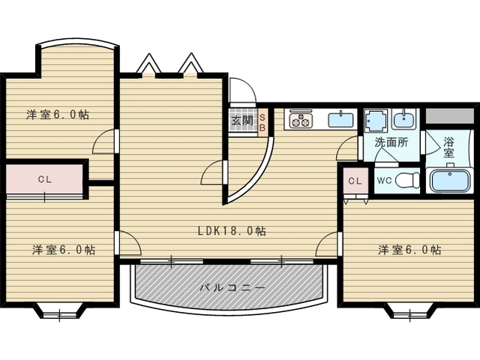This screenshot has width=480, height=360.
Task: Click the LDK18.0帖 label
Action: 232,230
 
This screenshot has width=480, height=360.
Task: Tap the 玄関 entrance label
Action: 241,121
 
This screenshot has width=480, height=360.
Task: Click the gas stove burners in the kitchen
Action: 300,120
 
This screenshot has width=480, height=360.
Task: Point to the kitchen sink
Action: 340,120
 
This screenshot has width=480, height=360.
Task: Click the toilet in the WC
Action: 407,181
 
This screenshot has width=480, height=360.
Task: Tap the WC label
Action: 384,181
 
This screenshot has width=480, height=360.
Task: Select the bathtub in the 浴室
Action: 450,181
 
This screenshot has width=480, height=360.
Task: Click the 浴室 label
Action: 448,147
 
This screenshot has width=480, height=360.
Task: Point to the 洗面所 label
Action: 391,142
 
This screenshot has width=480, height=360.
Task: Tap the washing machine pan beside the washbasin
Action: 376,120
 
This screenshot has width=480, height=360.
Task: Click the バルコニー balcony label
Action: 232,288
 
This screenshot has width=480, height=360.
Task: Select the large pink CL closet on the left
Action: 45,179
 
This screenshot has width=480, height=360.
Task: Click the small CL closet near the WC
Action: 355,181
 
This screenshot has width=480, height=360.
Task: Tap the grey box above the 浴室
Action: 450,116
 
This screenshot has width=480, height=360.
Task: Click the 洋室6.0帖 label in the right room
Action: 409,250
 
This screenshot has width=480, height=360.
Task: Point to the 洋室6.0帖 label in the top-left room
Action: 58,115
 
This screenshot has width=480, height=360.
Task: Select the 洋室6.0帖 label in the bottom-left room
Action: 64,250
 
